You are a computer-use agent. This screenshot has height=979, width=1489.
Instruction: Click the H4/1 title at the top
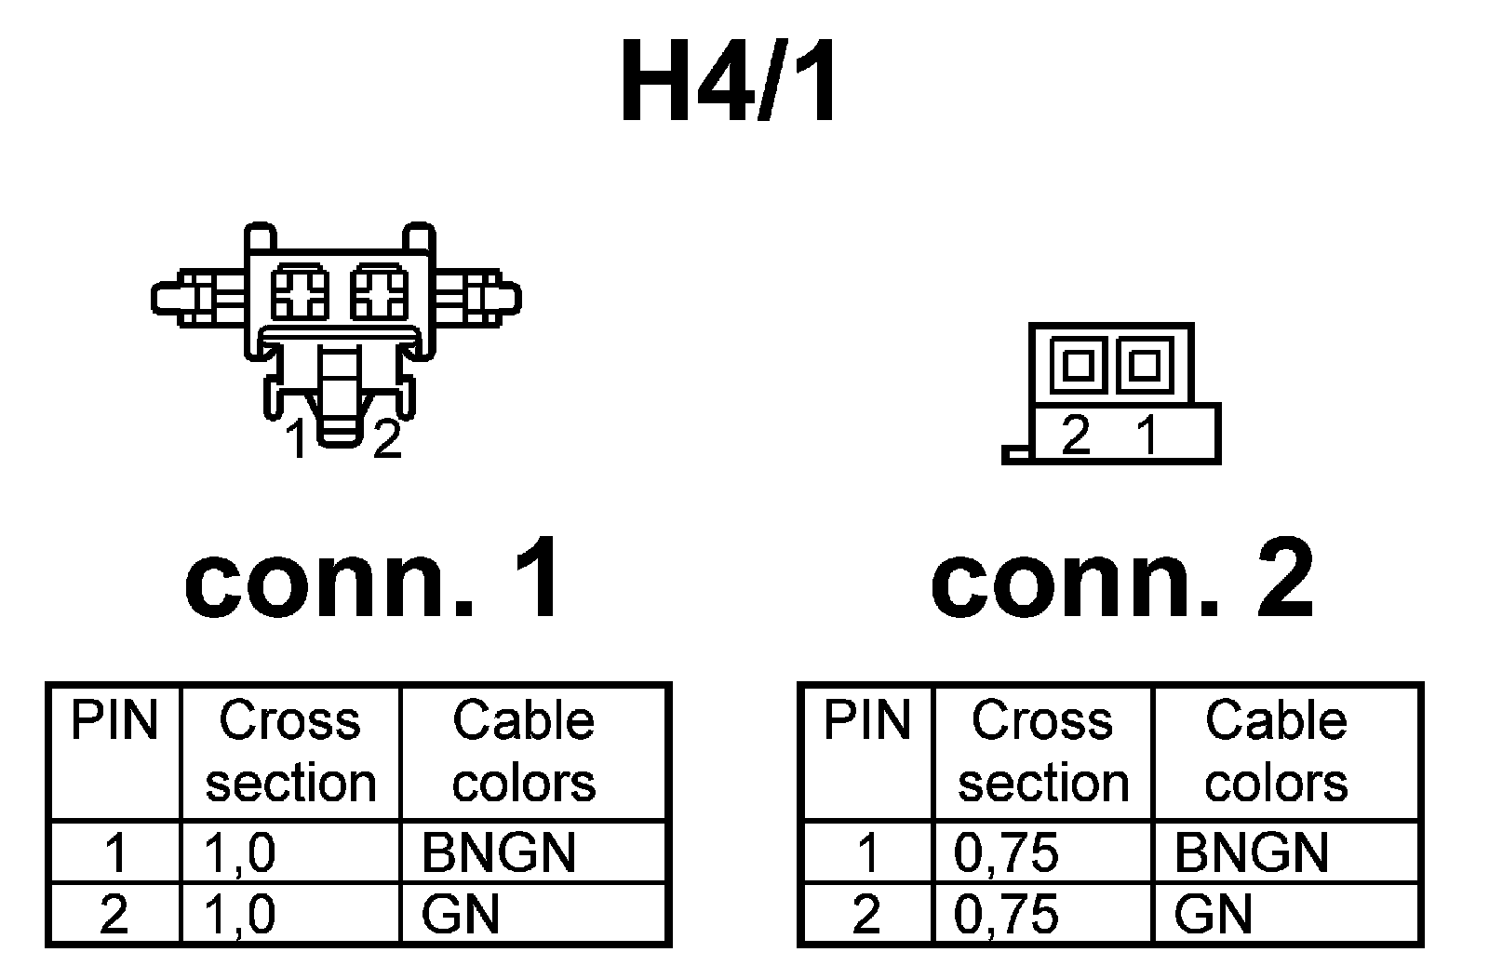(x=730, y=84)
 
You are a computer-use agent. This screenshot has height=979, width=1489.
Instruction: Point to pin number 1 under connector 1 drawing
(x=297, y=439)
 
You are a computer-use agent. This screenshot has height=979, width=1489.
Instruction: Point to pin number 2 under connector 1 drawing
(x=386, y=439)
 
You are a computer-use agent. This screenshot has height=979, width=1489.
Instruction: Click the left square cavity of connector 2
(x=1078, y=364)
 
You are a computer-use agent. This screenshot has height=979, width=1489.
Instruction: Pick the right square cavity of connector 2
(x=1142, y=364)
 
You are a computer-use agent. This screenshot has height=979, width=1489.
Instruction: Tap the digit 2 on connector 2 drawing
(x=1075, y=434)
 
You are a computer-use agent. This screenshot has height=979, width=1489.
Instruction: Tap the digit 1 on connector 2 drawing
(x=1147, y=434)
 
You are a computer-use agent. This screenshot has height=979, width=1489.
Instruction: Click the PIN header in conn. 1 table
(x=114, y=720)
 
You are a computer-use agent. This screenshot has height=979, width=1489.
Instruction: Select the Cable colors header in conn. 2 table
(x=1276, y=751)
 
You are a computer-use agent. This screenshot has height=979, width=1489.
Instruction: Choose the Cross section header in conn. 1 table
(x=290, y=751)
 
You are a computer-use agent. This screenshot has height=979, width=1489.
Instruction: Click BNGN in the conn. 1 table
(x=499, y=852)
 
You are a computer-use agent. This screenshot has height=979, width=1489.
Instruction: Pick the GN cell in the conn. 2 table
(x=1213, y=914)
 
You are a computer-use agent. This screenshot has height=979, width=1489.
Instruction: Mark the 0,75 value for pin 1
(x=1006, y=852)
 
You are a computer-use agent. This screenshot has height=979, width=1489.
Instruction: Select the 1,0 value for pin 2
(x=239, y=914)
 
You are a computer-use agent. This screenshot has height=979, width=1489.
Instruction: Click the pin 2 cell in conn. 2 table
(x=866, y=914)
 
